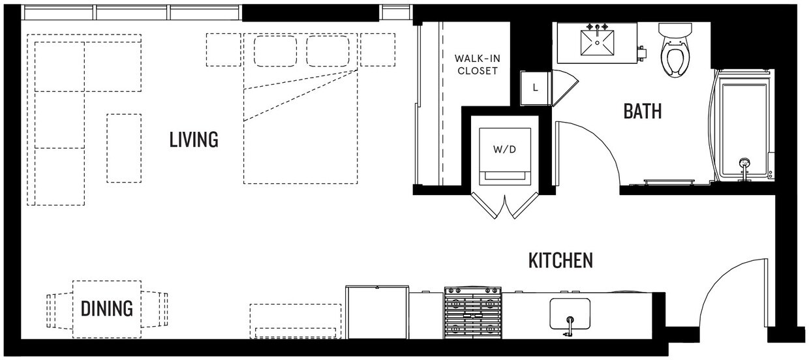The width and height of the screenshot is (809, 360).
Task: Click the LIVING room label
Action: [194, 140]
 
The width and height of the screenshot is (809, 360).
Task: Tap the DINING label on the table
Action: [107, 308]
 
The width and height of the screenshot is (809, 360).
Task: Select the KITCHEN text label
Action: [560, 261]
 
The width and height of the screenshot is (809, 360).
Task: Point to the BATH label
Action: [642, 111]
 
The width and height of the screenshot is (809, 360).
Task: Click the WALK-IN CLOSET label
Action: [477, 64]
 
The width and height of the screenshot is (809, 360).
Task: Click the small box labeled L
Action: [535, 88]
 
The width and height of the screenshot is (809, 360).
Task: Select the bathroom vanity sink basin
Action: [598, 45]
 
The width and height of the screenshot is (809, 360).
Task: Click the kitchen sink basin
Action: [570, 314]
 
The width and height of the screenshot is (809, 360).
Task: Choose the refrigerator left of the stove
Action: [377, 312]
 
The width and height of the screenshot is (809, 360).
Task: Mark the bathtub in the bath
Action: [742, 124]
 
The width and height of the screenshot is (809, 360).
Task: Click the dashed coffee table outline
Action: [124, 148]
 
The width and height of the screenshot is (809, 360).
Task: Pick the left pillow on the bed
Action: [275, 50]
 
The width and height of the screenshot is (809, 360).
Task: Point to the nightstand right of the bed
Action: [378, 50]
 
